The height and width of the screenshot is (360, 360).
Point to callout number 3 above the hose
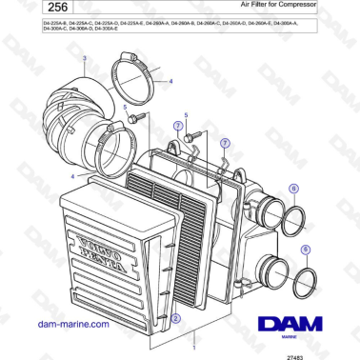[84, 59]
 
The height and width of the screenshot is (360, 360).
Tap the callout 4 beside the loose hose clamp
[170, 82]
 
